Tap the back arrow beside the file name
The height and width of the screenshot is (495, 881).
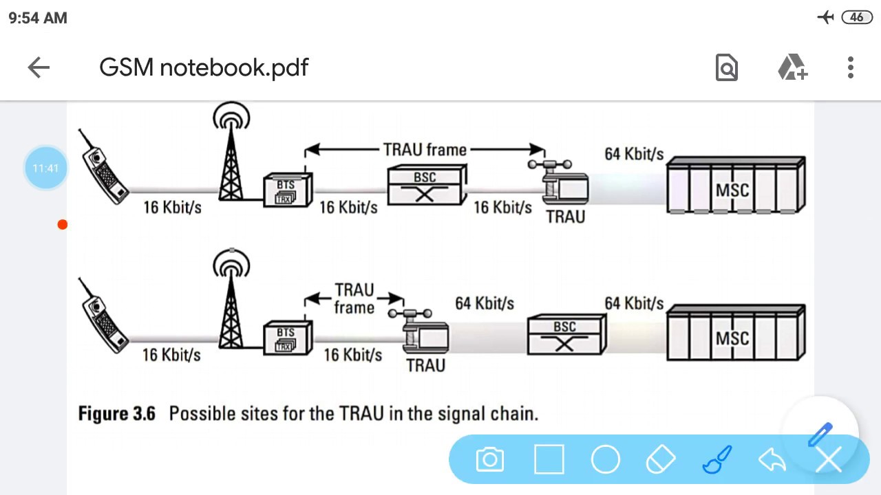[x=39, y=67]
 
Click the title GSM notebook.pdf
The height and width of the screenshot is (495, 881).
[x=204, y=67]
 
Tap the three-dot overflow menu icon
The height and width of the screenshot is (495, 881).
[x=851, y=67]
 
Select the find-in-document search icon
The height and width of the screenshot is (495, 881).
[x=727, y=67]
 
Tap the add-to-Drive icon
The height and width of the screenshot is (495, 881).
[x=792, y=67]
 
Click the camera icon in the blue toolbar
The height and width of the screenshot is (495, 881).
[x=490, y=459]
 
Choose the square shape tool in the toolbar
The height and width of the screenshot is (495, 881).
[x=549, y=459]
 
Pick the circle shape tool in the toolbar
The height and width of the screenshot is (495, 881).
[x=606, y=459]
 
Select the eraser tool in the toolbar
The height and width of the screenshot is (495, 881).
[x=661, y=459]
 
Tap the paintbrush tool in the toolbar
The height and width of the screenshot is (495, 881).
[x=717, y=459]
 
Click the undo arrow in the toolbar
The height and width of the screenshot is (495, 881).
[x=772, y=459]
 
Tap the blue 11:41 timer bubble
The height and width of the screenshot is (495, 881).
[x=45, y=168]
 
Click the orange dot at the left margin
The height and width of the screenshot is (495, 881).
[x=63, y=225]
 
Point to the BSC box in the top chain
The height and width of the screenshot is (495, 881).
[x=425, y=186]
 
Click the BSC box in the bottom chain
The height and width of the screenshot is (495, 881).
[x=565, y=335]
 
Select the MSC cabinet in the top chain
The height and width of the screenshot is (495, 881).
[x=735, y=186]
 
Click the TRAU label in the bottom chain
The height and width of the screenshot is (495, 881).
[x=425, y=365]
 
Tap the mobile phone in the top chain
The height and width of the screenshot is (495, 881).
[x=103, y=168]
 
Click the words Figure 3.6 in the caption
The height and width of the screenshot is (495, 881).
[x=116, y=414]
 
